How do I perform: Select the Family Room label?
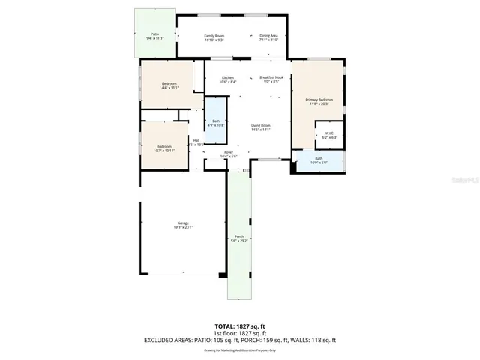point(215,37)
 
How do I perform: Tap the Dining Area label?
point(268,37)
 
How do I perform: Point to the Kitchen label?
point(228,79)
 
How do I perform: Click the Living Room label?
point(260,127)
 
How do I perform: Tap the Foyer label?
point(229,154)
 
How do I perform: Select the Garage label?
point(183,225)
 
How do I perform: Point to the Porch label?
point(238,238)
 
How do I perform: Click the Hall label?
point(196,142)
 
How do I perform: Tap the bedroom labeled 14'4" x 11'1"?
point(168,85)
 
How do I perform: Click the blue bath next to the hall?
point(216,122)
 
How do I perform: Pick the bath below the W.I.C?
point(318,160)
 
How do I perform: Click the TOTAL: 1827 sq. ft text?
point(240,325)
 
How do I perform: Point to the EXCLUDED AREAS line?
point(240,340)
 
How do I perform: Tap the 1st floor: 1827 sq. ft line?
point(240,333)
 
